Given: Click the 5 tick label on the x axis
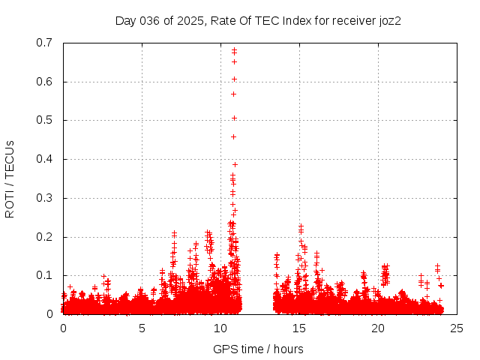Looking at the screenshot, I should coord(142,328).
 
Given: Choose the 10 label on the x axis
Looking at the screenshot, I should coord(220,328).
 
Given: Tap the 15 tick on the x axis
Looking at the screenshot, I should coord(299,328).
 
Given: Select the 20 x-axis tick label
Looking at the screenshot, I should coord(378,328).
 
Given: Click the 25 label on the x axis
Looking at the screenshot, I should coord(457,328).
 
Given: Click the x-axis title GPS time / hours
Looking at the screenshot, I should coord(258,349).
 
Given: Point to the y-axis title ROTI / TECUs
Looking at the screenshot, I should coord(10,178).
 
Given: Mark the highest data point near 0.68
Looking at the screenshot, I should coord(234,50).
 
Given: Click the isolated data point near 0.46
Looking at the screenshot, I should coord(233,136).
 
